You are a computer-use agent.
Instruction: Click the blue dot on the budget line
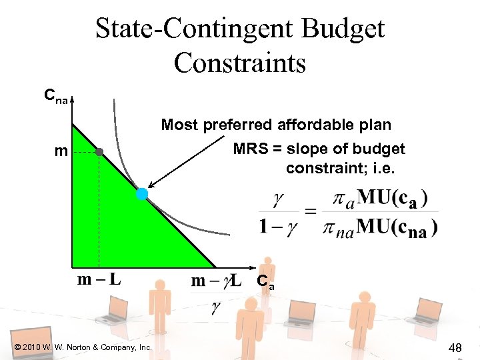pyautogui.click(x=142, y=194)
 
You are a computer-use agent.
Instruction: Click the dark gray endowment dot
pyautogui.click(x=99, y=152)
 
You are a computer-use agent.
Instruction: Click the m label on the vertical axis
pyautogui.click(x=61, y=152)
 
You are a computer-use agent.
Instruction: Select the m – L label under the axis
pyautogui.click(x=99, y=279)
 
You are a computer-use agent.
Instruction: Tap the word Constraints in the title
pyautogui.click(x=240, y=63)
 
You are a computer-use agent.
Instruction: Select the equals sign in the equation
pyautogui.click(x=311, y=211)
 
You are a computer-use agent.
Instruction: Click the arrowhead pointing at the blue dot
pyautogui.click(x=150, y=187)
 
